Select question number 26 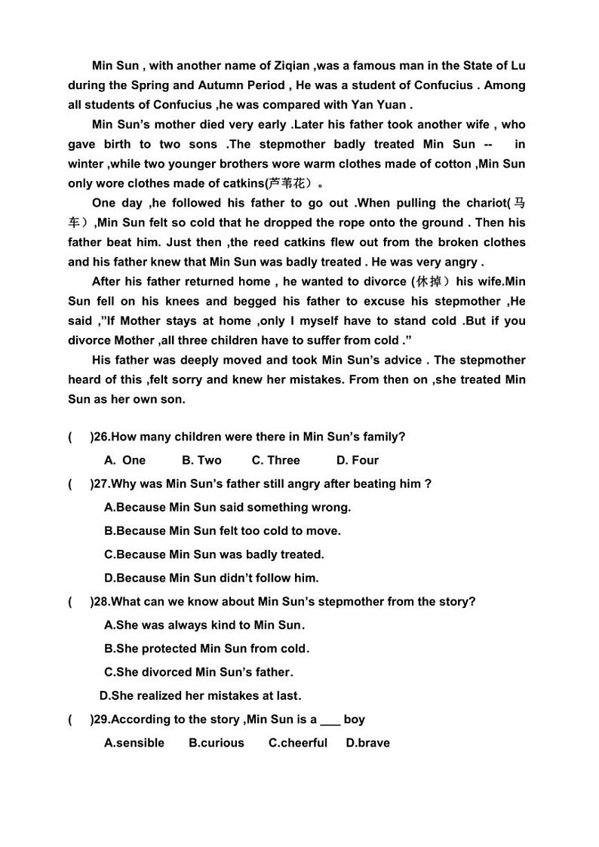click(x=101, y=437)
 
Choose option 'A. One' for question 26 click(x=125, y=460)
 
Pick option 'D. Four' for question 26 click(x=358, y=460)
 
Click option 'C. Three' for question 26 click(x=275, y=460)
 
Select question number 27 click(x=101, y=483)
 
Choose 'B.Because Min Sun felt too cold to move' click(x=223, y=531)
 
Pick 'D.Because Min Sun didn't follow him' click(x=211, y=578)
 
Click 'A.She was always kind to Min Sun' click(x=204, y=625)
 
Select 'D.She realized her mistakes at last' click(x=200, y=695)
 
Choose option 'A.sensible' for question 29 click(x=134, y=743)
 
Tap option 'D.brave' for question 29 click(x=368, y=743)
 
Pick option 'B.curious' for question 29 click(x=217, y=743)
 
